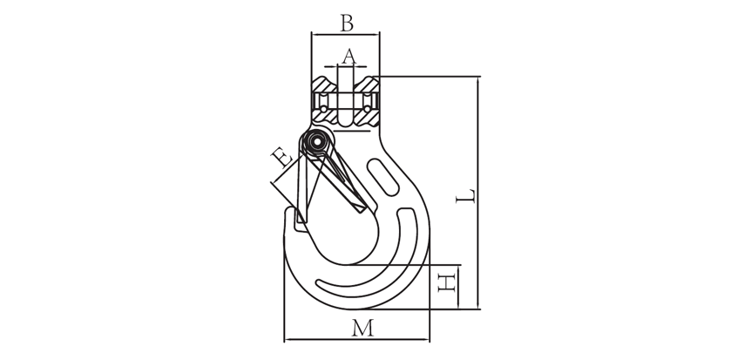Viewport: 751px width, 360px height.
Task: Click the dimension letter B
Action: click(x=347, y=23)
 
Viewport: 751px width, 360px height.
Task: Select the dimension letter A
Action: click(x=349, y=56)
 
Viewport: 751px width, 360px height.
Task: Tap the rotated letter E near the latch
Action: click(x=281, y=157)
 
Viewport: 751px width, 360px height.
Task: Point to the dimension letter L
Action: click(x=465, y=196)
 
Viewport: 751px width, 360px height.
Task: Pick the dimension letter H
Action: click(x=446, y=282)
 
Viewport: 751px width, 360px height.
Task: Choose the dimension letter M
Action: click(x=362, y=328)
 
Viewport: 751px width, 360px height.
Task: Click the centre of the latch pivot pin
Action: click(x=315, y=141)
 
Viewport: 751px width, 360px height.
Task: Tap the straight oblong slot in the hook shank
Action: click(x=383, y=178)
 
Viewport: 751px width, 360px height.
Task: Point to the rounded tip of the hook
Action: click(x=289, y=211)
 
